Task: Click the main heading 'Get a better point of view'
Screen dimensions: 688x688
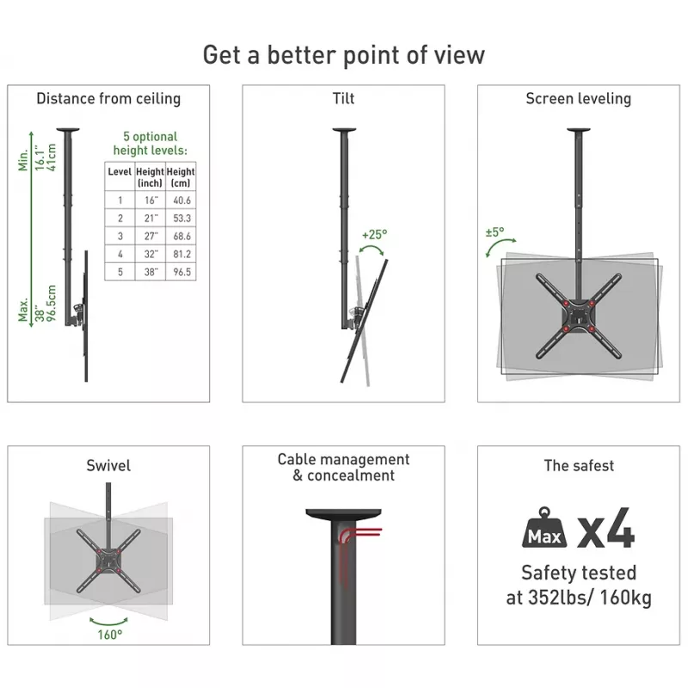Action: pyautogui.click(x=343, y=55)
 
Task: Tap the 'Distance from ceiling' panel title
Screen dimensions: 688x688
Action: pyautogui.click(x=108, y=99)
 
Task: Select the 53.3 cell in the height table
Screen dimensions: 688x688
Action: pyautogui.click(x=181, y=218)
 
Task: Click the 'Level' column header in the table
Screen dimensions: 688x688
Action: pyautogui.click(x=120, y=171)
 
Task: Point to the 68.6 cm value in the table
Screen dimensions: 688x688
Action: pyautogui.click(x=181, y=236)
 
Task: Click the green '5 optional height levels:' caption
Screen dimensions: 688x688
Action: pyautogui.click(x=150, y=144)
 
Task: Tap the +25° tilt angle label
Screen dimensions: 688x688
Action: pyautogui.click(x=374, y=235)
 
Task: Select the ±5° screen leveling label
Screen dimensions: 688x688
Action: pyautogui.click(x=495, y=231)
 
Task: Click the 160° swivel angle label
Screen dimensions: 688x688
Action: pyautogui.click(x=110, y=635)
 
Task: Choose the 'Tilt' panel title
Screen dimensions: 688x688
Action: pyautogui.click(x=343, y=99)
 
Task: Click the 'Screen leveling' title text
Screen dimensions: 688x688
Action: pyautogui.click(x=578, y=99)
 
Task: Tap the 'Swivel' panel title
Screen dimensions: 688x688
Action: pyautogui.click(x=108, y=465)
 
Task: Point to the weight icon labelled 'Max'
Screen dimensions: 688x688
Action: pyautogui.click(x=544, y=528)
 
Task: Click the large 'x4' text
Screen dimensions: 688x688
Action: pyautogui.click(x=606, y=528)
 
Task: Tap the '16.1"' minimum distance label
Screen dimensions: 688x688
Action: pyautogui.click(x=40, y=158)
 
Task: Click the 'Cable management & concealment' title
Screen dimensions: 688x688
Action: pyautogui.click(x=343, y=467)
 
